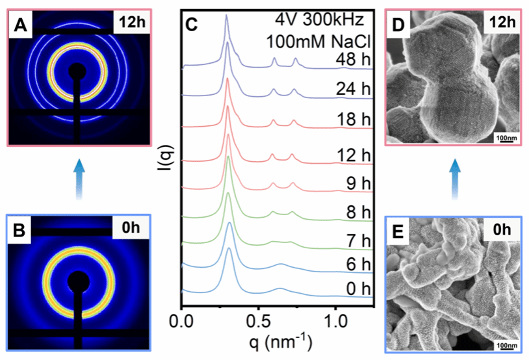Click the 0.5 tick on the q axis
[x=258, y=322]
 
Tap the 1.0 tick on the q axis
[x=335, y=322]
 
